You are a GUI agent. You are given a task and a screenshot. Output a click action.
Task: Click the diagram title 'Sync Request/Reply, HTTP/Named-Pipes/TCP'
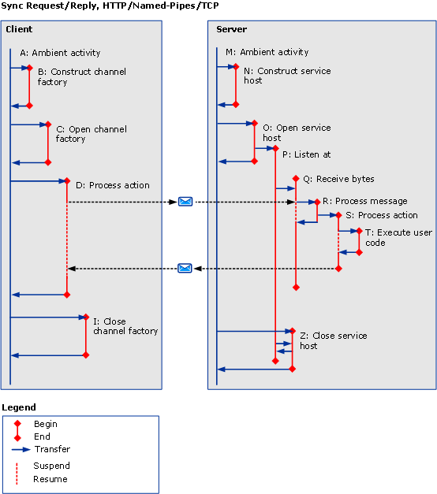point(110,6)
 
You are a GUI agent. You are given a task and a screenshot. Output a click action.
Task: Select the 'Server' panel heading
point(231,29)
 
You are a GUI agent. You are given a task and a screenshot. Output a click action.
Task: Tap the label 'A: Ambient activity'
point(60,53)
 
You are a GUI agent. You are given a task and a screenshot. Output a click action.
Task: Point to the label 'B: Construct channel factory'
point(81,76)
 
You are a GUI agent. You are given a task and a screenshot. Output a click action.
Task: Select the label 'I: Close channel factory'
point(125,326)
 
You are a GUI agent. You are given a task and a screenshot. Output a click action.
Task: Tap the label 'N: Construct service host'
point(286,76)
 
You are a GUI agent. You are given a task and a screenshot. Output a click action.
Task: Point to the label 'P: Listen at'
point(306,154)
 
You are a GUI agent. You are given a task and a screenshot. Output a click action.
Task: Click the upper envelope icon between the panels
point(185,202)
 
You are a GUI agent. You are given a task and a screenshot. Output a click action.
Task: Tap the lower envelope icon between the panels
point(185,269)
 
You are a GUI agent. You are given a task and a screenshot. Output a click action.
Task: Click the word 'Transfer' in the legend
point(52,449)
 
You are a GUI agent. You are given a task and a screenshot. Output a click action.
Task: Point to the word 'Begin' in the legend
point(46,424)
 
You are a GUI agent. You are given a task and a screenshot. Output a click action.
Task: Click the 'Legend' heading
point(19,407)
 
